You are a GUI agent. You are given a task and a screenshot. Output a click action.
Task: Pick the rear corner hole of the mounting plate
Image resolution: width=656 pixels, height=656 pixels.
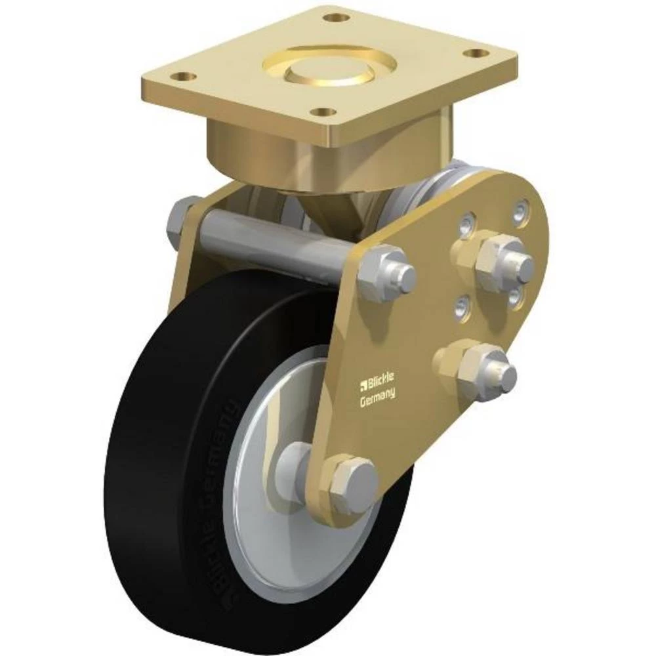(337, 16)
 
